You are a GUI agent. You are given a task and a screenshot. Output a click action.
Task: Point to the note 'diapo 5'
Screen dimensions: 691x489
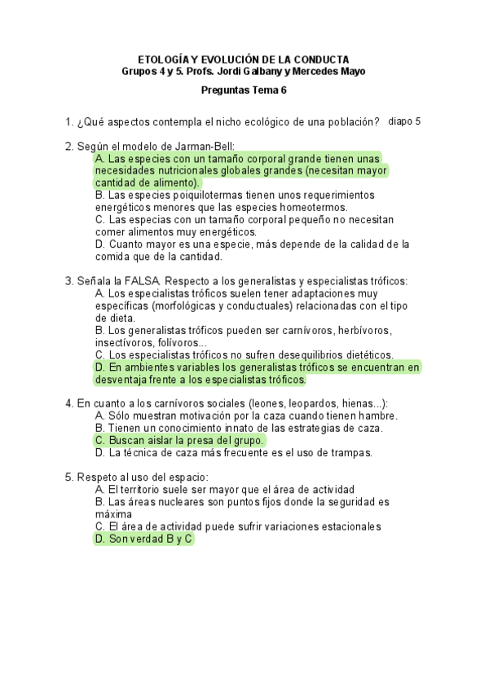(x=405, y=121)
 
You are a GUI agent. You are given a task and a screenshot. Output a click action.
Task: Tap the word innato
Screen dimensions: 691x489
(x=240, y=428)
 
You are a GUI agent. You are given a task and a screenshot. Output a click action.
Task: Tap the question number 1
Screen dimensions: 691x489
(x=69, y=122)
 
